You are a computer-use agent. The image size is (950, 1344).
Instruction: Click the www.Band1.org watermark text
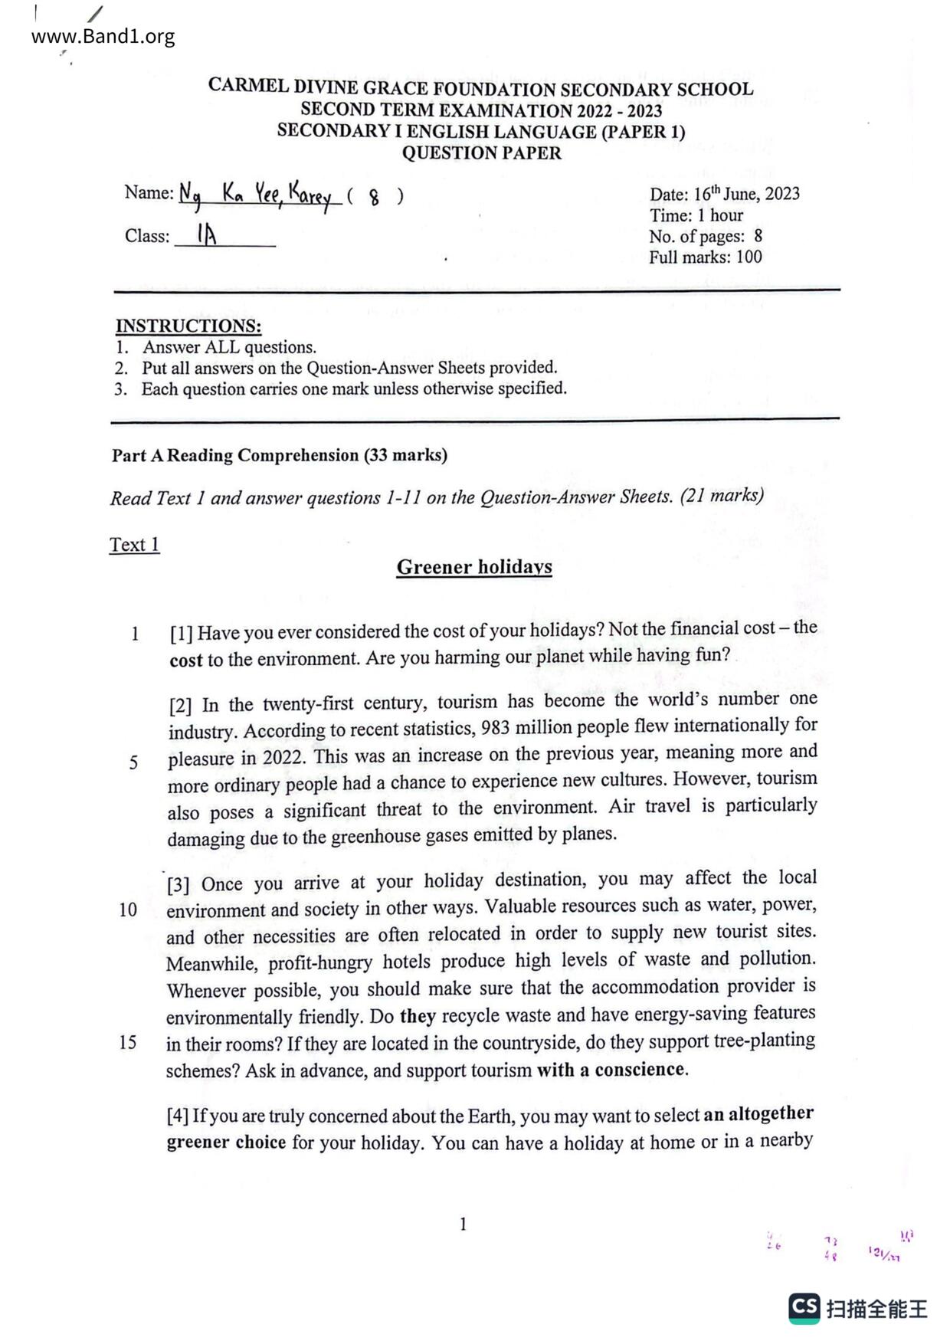[x=103, y=36]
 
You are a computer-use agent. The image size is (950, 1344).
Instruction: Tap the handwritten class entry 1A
[x=207, y=234]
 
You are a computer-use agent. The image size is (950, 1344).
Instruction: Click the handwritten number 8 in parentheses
[x=374, y=198]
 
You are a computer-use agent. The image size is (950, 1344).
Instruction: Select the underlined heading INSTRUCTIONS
[x=188, y=326]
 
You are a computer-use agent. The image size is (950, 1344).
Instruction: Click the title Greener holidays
[x=474, y=567]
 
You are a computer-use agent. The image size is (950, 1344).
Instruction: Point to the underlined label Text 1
[x=134, y=545]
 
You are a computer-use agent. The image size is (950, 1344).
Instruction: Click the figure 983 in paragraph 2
[x=496, y=727]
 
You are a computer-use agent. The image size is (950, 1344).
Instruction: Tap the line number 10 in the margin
[x=128, y=910]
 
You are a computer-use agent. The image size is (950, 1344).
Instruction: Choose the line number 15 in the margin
[x=128, y=1042]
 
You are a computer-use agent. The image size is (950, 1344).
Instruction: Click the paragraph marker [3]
[x=178, y=884]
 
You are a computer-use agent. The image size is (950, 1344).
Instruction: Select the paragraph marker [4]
[x=178, y=1116]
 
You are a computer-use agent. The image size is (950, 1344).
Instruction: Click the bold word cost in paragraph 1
[x=186, y=660]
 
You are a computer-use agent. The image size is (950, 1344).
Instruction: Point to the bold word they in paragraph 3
[x=418, y=1016]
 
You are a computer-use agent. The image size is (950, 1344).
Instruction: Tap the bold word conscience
[x=640, y=1069]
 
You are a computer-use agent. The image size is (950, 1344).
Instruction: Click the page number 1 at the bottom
[x=463, y=1224]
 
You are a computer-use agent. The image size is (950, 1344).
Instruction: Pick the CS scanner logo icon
[x=804, y=1308]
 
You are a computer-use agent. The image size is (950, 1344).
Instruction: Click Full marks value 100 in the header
[x=749, y=257]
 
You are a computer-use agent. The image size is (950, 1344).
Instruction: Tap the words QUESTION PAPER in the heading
[x=481, y=153]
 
